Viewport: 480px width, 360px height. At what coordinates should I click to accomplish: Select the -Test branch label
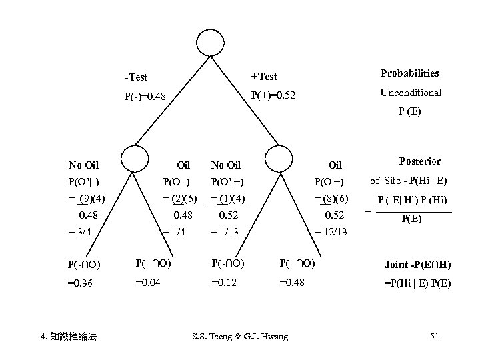[x=137, y=77]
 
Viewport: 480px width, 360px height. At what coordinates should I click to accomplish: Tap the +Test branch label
[x=264, y=77]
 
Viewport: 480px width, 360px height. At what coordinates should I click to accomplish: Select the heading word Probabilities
[x=409, y=73]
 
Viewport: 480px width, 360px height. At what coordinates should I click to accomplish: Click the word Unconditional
[x=411, y=93]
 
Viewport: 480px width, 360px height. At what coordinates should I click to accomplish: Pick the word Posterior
[x=419, y=161]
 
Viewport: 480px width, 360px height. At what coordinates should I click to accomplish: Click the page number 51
[x=434, y=337]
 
